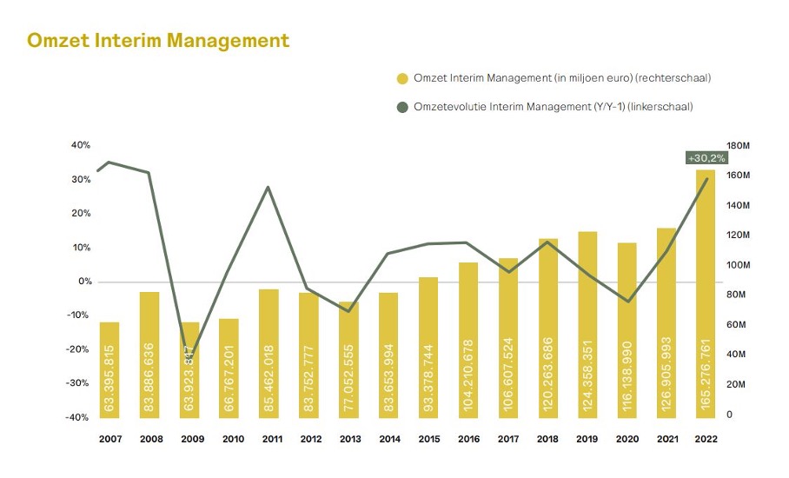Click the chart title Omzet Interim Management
(158, 41)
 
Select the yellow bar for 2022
(706, 295)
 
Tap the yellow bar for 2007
(109, 369)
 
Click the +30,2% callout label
(706, 158)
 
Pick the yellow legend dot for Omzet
(402, 79)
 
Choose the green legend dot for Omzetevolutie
(402, 107)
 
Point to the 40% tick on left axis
(81, 145)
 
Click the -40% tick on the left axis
(79, 417)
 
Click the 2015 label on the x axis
(428, 440)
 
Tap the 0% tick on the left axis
(85, 282)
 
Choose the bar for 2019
(587, 326)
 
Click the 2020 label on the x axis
(627, 440)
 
